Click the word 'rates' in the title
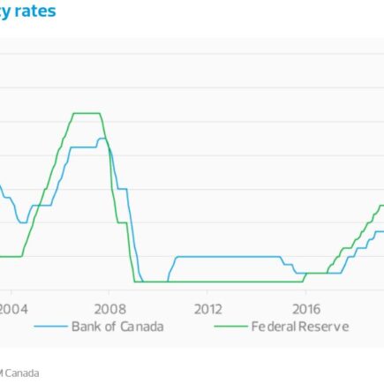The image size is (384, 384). pos(35,11)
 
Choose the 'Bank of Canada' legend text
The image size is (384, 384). pos(117,327)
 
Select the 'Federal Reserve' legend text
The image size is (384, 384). pos(300,327)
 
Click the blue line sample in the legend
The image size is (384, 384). pos(51,327)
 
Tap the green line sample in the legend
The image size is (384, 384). pos(231,327)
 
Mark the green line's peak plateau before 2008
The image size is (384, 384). pos(87,113)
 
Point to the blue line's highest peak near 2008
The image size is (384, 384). pos(102,139)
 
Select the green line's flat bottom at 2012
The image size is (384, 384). pos(207,282)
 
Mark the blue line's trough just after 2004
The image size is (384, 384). pos(22,222)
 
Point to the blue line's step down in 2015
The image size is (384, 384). pos(283,261)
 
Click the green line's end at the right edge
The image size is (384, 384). pos(381,206)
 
